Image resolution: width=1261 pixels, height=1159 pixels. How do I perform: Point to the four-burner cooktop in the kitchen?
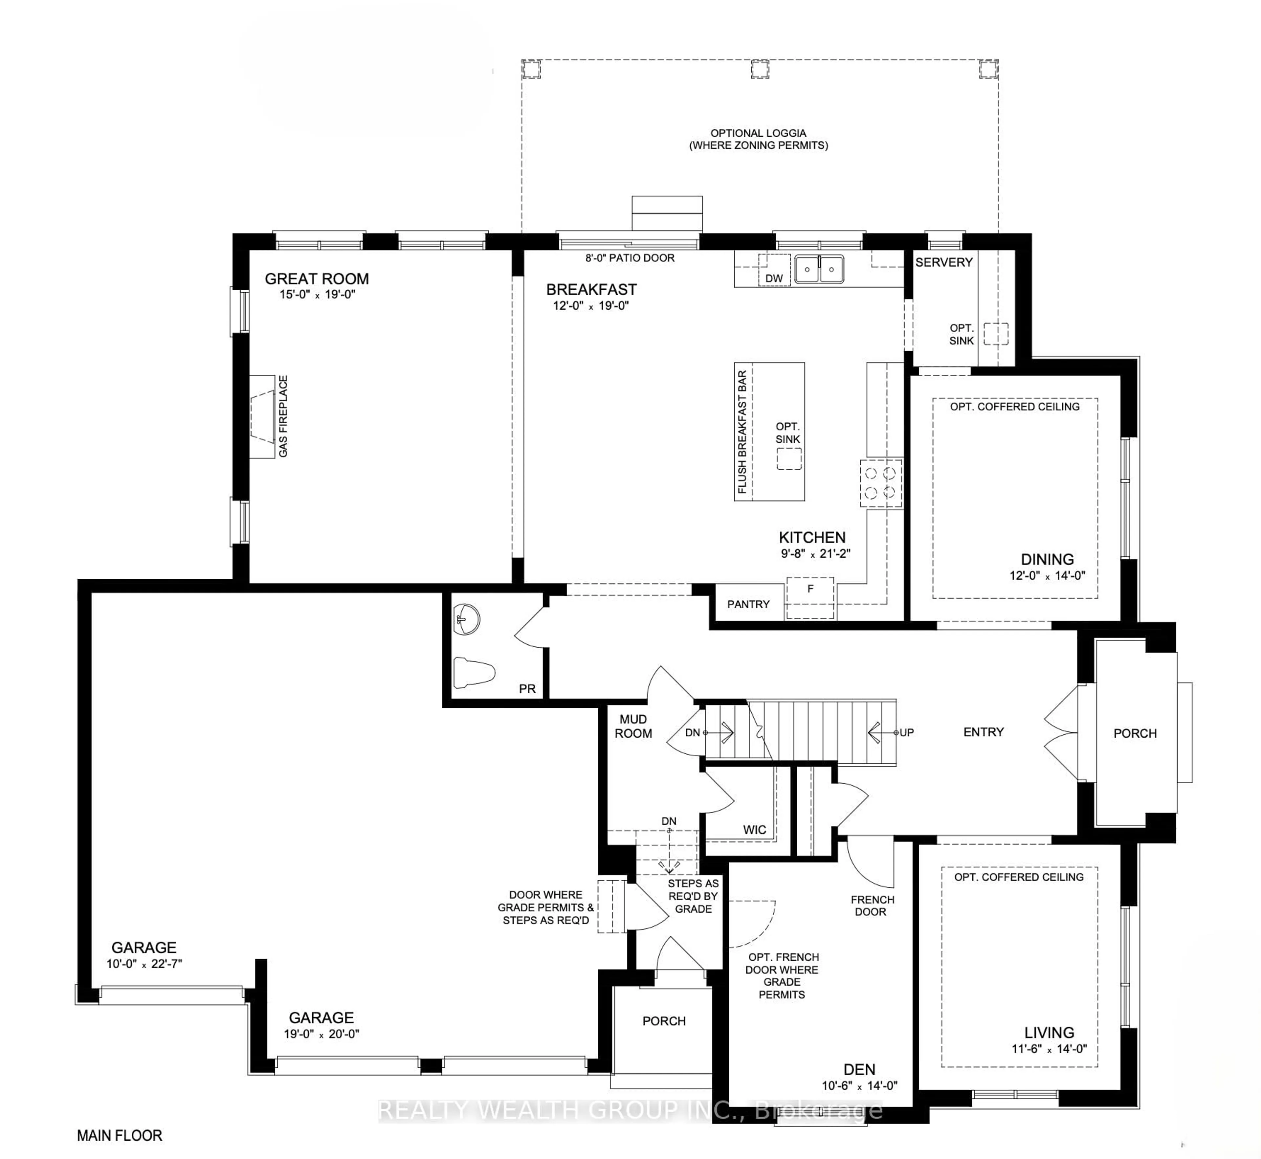click(880, 483)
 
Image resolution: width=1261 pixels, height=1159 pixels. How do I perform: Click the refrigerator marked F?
click(810, 597)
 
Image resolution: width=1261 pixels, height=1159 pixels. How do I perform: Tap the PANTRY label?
click(748, 604)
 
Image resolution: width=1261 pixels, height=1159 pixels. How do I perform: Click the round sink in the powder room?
click(466, 620)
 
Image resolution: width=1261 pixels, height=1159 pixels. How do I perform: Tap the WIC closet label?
click(754, 830)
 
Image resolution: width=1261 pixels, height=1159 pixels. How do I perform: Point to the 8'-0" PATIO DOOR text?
click(630, 258)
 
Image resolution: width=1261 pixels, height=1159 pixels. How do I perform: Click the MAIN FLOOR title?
click(119, 1135)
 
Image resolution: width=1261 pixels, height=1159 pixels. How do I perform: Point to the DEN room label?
click(859, 1069)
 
